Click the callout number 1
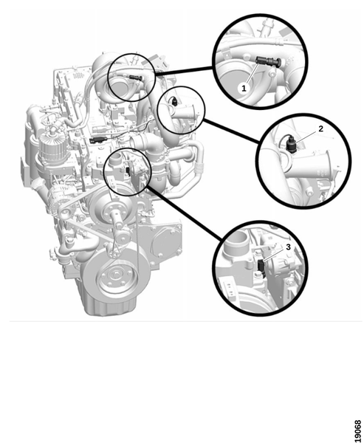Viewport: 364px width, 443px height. (244, 89)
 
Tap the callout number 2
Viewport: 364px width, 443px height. (320, 128)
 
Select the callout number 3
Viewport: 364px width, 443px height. (288, 247)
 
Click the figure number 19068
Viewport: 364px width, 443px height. (357, 431)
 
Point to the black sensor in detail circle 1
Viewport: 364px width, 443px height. (268, 61)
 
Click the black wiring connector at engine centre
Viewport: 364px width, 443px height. (96, 140)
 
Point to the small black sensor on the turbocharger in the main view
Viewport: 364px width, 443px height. (134, 77)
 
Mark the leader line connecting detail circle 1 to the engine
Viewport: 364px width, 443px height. (183, 71)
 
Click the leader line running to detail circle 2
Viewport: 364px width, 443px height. (231, 131)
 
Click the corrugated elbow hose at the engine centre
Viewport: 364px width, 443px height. (145, 142)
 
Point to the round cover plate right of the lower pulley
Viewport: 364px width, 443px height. (165, 241)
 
